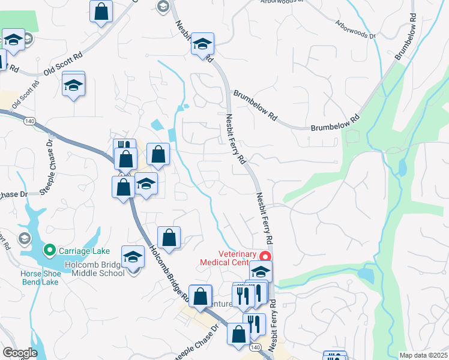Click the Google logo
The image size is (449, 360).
20,353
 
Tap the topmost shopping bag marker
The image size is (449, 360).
101,11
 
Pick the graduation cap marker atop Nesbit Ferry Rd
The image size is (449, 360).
203,44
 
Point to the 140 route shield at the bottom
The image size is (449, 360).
255,348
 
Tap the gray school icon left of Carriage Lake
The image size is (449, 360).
24,239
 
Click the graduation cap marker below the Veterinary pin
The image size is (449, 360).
261,271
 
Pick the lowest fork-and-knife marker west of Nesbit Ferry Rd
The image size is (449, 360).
254,324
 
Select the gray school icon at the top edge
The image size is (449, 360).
162,6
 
